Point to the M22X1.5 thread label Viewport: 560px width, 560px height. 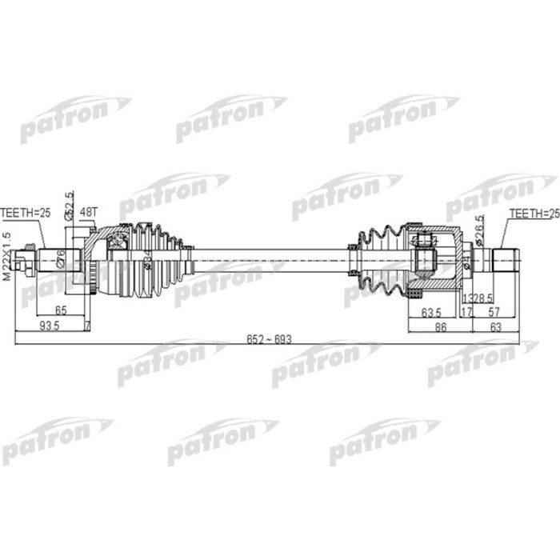[x=8, y=255]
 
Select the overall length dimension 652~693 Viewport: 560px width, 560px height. [x=271, y=339]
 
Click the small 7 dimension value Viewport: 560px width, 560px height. [x=86, y=326]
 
